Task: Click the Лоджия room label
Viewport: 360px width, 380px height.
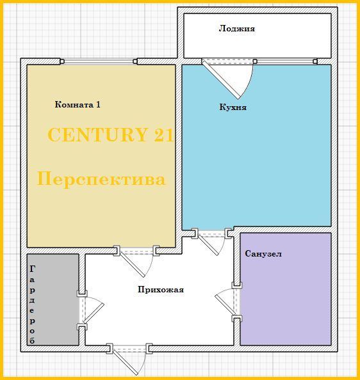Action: click(x=237, y=29)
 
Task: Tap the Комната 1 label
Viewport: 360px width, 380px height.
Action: click(x=78, y=104)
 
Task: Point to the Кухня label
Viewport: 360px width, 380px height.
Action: click(x=233, y=107)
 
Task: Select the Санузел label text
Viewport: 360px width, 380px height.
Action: click(x=263, y=254)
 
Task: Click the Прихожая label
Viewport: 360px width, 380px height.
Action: click(x=161, y=290)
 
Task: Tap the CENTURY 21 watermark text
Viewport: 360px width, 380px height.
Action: click(x=111, y=135)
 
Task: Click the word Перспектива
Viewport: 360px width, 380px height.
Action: click(x=101, y=179)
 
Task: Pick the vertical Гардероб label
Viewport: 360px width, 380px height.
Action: click(x=32, y=305)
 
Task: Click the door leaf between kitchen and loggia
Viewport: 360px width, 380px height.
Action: click(x=221, y=80)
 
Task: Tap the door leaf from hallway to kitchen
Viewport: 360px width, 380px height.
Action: click(x=208, y=245)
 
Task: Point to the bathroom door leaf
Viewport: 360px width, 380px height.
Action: click(x=225, y=305)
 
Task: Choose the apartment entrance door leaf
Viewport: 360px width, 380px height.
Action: click(x=126, y=362)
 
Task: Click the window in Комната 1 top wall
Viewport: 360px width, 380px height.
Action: click(x=98, y=61)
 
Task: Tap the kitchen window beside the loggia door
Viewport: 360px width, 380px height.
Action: click(x=285, y=61)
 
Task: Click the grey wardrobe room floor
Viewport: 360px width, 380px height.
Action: click(x=53, y=299)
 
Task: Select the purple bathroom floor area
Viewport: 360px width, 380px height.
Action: click(x=286, y=289)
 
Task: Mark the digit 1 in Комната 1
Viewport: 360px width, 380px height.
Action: click(x=98, y=104)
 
